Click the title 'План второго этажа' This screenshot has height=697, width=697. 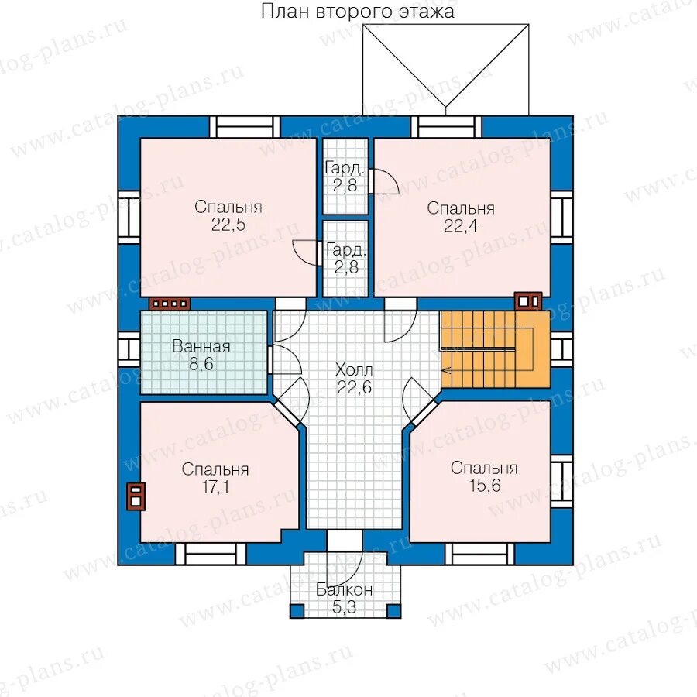point(357,12)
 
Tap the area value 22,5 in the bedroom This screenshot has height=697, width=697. point(228,225)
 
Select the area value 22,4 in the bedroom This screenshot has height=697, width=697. point(461,226)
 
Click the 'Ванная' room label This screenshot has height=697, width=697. point(201,346)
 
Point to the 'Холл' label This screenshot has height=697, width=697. point(354,370)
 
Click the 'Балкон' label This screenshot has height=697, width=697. point(345,590)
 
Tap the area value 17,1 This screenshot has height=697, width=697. point(215,487)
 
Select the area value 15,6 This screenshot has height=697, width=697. point(485,486)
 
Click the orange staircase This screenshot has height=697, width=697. point(495,349)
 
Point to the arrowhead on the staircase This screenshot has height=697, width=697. point(445,370)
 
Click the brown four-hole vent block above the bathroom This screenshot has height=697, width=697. point(170,304)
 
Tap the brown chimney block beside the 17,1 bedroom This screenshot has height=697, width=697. point(136,496)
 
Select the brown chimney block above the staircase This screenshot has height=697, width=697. point(528,301)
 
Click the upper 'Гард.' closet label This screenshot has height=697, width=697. point(345,169)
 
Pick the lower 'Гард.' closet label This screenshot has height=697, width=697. point(346,250)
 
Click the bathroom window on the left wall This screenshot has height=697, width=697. point(129,349)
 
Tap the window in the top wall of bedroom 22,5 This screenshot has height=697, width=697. point(245,127)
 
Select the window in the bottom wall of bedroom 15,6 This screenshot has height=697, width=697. point(480,554)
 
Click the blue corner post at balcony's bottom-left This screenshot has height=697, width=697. point(297,611)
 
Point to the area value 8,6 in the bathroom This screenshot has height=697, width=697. point(201,364)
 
